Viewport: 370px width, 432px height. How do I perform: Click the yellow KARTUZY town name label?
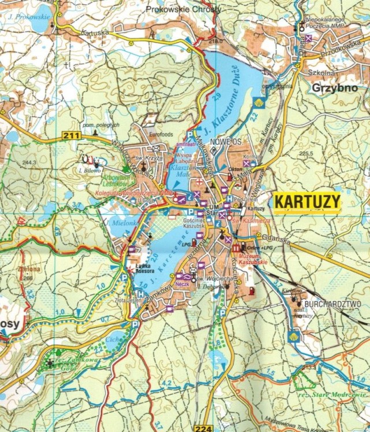(307, 202)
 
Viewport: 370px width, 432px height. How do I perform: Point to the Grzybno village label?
(331, 88)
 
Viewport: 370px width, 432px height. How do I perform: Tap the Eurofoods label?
(161, 133)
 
